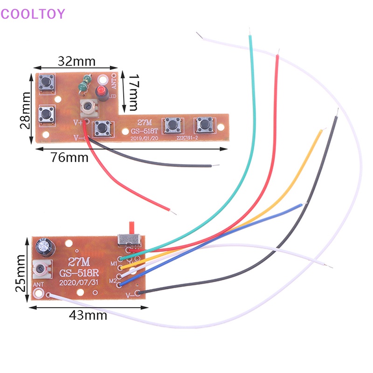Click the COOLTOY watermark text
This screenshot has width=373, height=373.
tap(33, 14)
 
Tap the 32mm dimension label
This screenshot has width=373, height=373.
tap(76, 61)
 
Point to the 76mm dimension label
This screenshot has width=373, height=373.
tap(69, 157)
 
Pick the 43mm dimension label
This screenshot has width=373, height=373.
tap(88, 315)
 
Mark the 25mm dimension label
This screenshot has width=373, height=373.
tap(20, 273)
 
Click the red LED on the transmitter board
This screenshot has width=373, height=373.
tap(99, 90)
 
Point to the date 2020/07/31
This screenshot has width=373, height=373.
tap(80, 282)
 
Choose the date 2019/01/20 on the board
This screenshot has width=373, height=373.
tap(145, 138)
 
